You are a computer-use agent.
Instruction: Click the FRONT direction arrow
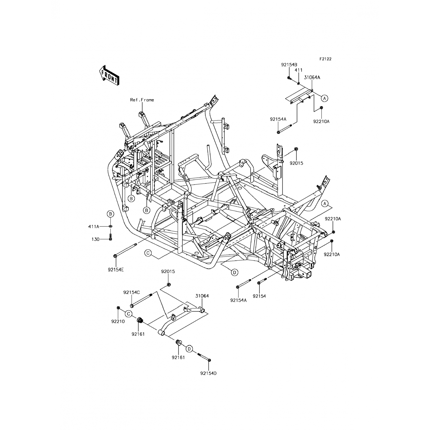[109, 75]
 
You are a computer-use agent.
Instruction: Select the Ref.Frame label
[142, 100]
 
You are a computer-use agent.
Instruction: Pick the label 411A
[94, 226]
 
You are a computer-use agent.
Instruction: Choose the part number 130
[95, 239]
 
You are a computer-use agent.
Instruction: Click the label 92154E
[116, 270]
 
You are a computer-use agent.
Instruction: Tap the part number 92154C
[132, 292]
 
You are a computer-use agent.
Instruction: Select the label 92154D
[208, 373]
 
